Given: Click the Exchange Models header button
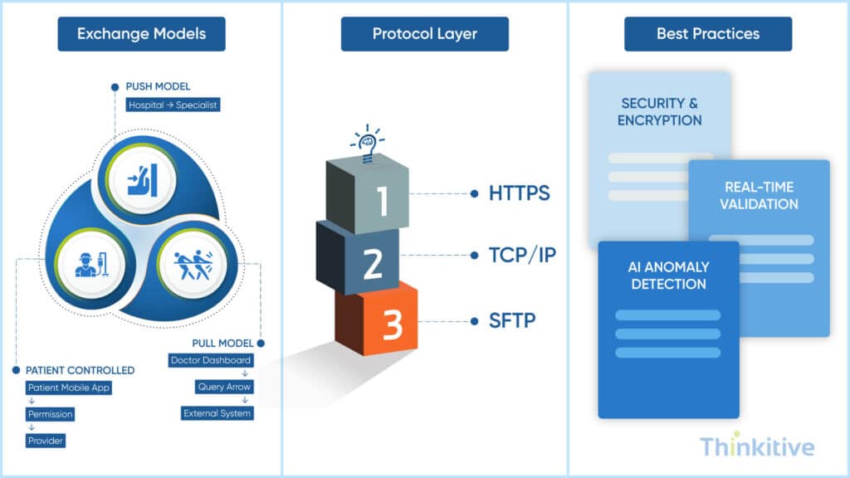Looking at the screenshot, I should click(x=141, y=34).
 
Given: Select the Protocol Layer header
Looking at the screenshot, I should click(x=424, y=34).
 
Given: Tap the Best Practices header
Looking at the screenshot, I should click(x=707, y=34).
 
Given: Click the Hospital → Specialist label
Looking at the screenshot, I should click(x=173, y=105).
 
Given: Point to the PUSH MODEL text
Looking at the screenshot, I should click(x=158, y=86).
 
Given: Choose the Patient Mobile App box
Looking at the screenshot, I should click(x=68, y=388).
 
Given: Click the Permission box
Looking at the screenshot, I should click(x=50, y=413).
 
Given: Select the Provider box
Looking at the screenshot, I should click(x=45, y=441).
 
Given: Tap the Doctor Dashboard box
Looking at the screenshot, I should click(x=211, y=360).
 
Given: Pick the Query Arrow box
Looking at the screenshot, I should click(x=223, y=387).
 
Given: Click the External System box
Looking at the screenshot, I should click(x=217, y=413).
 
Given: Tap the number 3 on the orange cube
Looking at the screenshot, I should click(x=392, y=326).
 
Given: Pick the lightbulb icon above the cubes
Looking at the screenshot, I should click(x=366, y=143).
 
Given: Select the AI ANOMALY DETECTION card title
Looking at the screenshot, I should click(x=668, y=276).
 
